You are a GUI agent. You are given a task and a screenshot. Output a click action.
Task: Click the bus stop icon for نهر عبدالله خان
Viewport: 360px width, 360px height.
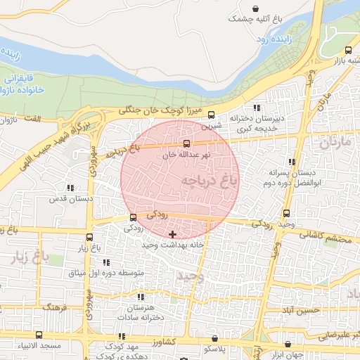186,143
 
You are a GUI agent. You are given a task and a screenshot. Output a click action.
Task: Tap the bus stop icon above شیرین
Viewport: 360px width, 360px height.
212,117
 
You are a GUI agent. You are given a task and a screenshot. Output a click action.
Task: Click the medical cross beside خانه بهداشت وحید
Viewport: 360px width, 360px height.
172,233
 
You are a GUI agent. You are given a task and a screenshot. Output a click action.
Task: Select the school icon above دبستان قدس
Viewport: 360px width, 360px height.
69,188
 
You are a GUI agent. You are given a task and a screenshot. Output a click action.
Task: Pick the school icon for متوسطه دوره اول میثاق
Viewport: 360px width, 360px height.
106,262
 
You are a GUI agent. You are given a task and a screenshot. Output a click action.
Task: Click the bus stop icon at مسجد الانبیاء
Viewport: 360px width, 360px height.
39,335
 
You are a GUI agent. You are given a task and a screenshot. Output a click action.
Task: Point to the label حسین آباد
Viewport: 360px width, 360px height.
300,310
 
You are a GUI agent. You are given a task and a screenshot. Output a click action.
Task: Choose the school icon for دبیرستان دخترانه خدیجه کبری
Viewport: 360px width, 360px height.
257,108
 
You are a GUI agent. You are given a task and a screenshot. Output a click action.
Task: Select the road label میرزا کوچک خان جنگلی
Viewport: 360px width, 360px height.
162,110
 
